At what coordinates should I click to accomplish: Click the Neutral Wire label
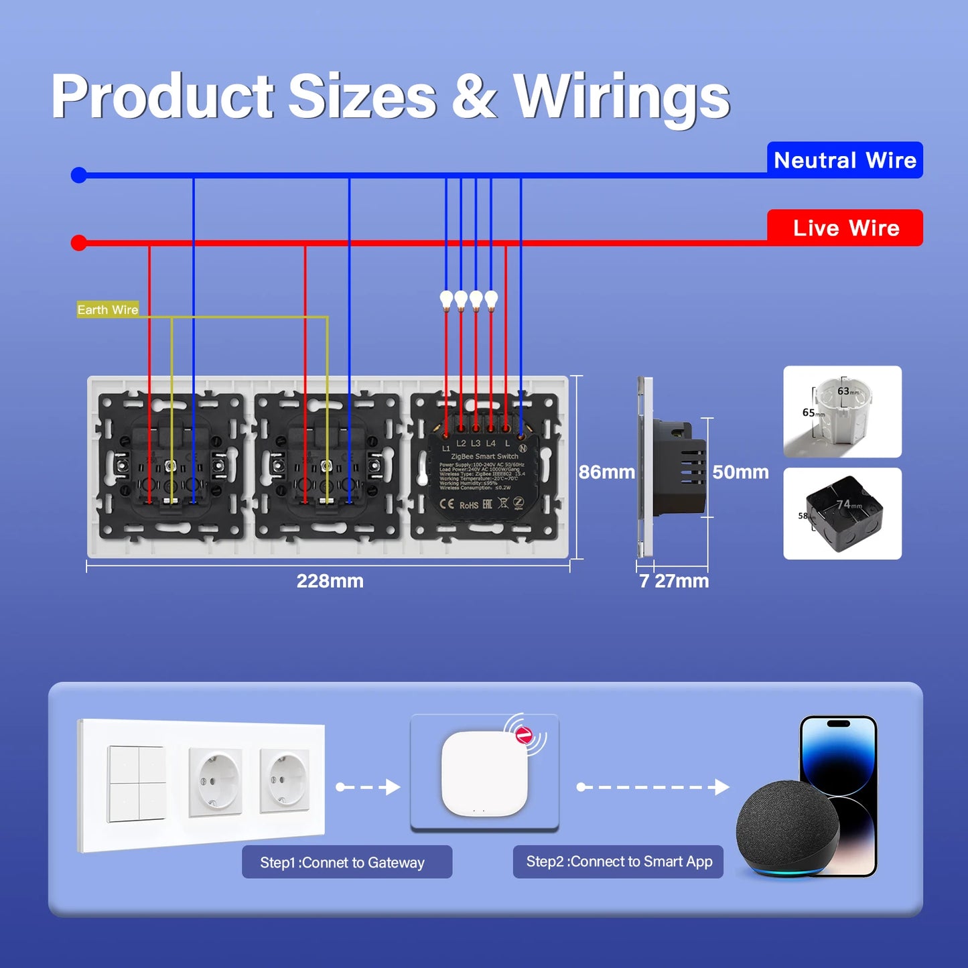click(845, 160)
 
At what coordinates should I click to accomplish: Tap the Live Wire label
click(845, 228)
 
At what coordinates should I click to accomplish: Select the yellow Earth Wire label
click(108, 309)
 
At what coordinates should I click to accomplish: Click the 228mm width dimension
click(330, 581)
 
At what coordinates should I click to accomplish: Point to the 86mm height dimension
click(606, 472)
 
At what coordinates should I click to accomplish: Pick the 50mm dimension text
click(740, 472)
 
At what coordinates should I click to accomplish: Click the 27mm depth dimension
click(682, 581)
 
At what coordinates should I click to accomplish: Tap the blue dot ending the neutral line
click(79, 176)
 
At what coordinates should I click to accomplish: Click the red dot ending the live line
click(79, 243)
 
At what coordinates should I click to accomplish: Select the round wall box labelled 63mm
click(842, 412)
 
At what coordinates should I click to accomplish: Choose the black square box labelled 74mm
click(843, 514)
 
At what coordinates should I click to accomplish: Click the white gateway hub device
click(484, 774)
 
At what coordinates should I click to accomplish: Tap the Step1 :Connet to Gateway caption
click(342, 862)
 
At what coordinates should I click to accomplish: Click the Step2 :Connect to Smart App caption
click(619, 861)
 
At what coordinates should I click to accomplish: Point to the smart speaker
click(787, 829)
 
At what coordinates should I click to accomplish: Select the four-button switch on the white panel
click(137, 783)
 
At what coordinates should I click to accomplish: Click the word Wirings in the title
click(621, 98)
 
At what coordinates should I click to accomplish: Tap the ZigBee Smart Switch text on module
click(484, 456)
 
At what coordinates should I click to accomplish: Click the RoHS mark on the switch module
click(469, 504)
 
